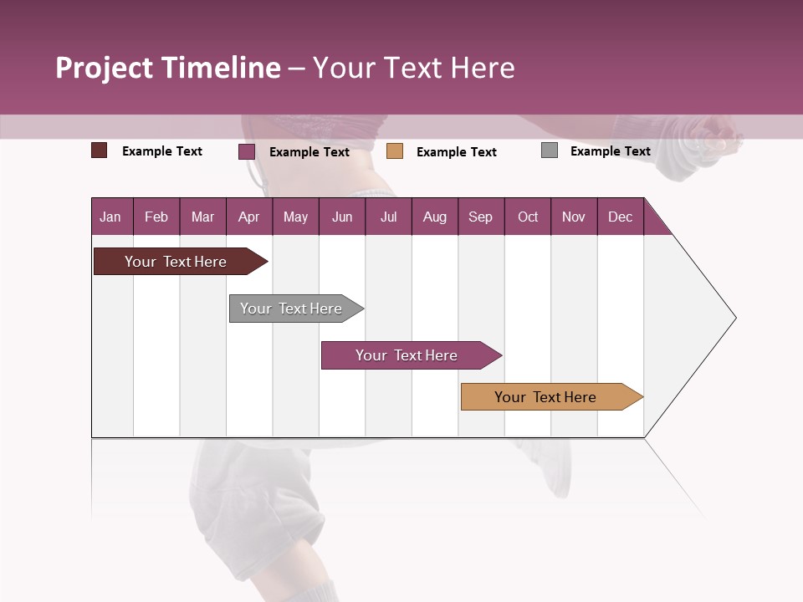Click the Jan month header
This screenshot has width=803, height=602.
click(111, 217)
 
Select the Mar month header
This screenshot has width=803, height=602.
click(202, 217)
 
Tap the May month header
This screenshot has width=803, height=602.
click(295, 217)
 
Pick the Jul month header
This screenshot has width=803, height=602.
click(388, 217)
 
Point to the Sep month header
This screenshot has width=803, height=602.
click(480, 217)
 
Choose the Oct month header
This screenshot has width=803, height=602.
click(528, 217)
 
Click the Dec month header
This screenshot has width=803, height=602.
click(620, 217)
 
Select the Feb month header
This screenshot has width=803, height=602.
click(156, 217)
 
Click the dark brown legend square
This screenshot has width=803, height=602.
click(100, 150)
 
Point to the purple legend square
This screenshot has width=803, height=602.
click(247, 151)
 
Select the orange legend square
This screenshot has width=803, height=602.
click(395, 151)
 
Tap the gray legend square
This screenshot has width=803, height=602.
click(550, 150)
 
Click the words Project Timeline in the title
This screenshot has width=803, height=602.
click(167, 68)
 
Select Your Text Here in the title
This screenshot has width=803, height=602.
click(413, 68)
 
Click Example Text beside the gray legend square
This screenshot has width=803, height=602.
click(610, 151)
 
